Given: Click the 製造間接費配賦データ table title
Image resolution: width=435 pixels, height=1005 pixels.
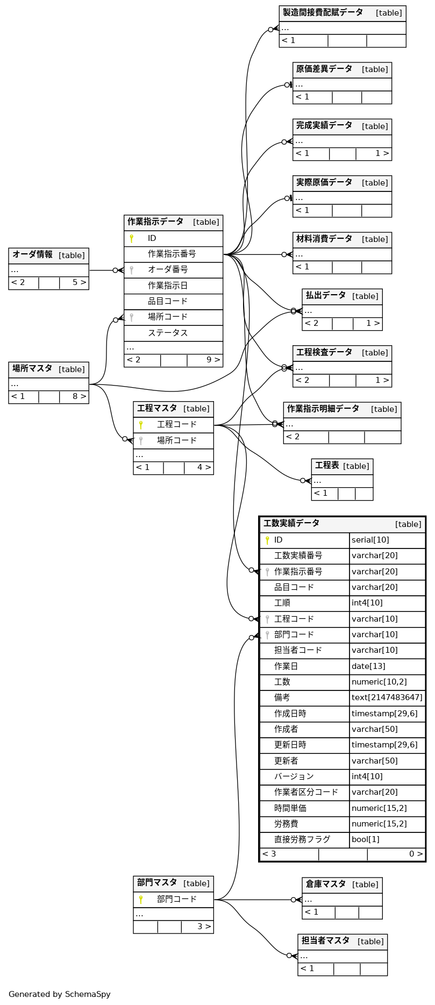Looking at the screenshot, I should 323,13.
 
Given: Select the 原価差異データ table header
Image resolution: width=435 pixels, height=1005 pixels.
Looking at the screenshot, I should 324,69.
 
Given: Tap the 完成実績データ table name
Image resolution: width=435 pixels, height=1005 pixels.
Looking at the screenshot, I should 324,126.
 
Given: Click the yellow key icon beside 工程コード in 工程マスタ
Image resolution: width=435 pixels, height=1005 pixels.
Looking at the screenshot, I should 141,425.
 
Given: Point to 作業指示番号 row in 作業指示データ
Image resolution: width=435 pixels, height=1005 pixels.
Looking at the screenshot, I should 172,254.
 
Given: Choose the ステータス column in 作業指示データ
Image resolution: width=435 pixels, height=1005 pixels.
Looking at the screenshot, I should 168,333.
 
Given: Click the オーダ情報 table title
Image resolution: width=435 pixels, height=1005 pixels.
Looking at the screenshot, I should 33,255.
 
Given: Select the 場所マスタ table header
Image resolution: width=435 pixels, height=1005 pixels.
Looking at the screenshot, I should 33,369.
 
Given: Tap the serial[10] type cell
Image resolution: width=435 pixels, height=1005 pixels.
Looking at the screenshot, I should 370,540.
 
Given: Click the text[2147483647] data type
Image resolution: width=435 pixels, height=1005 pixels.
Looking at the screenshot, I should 387,697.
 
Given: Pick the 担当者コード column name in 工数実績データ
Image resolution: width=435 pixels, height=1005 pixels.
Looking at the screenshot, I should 298,650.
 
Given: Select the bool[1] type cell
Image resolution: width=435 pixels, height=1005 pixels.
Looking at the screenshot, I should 365,839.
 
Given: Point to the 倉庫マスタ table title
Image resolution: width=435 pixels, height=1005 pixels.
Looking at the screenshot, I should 326,884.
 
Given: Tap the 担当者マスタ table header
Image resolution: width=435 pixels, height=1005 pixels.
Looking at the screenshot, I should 325,941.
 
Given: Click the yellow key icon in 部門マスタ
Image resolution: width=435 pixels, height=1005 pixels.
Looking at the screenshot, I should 141,899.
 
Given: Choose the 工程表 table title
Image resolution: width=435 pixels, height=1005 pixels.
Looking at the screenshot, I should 327,466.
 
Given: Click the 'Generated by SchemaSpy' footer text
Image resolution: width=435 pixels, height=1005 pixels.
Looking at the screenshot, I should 60,994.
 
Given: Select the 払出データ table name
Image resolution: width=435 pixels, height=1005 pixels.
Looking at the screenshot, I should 326,296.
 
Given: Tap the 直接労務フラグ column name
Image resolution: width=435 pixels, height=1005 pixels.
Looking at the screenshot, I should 302,839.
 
